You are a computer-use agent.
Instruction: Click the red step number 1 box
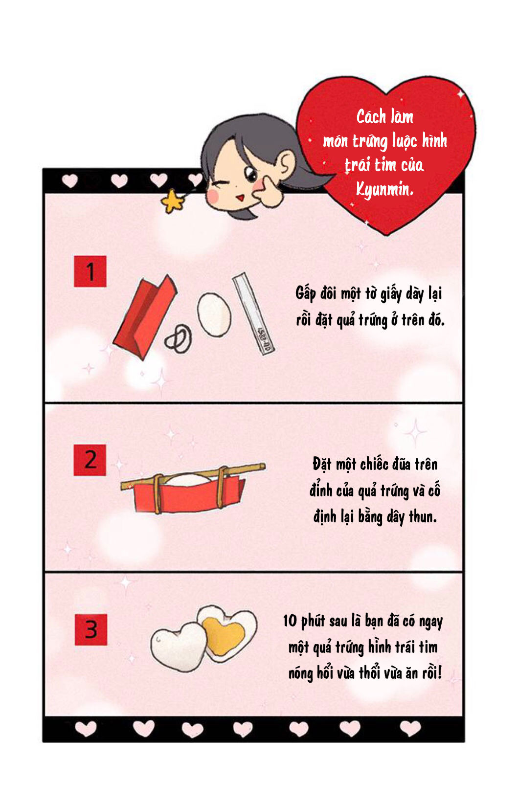click(90, 271)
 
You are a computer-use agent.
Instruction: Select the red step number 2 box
click(90, 460)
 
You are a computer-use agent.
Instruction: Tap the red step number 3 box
click(91, 629)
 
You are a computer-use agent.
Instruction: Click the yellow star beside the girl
click(172, 201)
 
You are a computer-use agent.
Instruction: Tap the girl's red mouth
click(241, 198)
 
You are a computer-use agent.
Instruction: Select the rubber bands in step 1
click(178, 338)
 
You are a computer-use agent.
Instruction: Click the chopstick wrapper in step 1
click(253, 313)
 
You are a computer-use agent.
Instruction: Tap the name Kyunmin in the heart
click(384, 189)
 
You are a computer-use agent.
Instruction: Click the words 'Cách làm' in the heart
click(385, 117)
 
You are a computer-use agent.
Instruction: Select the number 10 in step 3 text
click(290, 621)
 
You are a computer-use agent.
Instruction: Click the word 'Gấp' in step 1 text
click(306, 293)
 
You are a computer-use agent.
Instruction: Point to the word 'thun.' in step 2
click(423, 516)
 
